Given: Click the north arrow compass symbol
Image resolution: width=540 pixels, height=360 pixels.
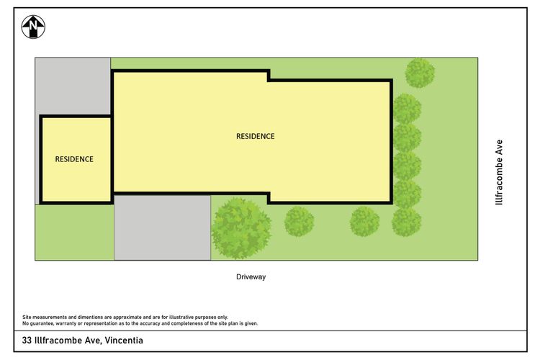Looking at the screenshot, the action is tap(33, 27).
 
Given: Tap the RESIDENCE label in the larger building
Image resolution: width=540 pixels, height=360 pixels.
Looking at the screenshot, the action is tap(255, 136).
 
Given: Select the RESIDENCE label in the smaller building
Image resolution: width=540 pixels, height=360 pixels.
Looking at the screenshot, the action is tap(74, 159).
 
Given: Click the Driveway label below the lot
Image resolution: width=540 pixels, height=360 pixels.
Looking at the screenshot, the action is tap(251, 276).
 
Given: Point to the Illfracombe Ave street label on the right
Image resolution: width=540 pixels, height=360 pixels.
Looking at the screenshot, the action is tap(499, 172).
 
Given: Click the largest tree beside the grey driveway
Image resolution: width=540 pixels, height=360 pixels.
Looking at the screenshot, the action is tap(241, 228).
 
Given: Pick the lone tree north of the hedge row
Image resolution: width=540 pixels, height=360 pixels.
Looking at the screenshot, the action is tap(420, 73).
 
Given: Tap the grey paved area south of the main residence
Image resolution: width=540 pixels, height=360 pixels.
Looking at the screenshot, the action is tap(162, 228).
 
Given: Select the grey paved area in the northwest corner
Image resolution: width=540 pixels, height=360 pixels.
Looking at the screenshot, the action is tap(73, 86).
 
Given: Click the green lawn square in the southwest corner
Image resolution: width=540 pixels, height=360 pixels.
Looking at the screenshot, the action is tap(74, 232).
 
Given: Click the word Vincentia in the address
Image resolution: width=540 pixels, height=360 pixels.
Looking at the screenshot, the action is tap(124, 341).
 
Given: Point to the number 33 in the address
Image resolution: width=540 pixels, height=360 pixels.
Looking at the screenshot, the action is tap(27, 341).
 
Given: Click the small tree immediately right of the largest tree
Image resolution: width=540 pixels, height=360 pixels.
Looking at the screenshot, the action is tap(299, 222).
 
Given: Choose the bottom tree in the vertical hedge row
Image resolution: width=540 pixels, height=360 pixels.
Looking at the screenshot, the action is tap(406, 222).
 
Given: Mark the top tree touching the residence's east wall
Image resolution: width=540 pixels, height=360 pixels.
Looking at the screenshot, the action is tap(407, 109).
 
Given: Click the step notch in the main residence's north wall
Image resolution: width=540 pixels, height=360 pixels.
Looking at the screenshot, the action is tap(269, 76).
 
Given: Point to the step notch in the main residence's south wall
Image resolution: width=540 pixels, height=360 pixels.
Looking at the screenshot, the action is tap(269, 198).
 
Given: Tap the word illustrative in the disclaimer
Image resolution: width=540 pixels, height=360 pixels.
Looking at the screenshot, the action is tap(181, 317).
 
